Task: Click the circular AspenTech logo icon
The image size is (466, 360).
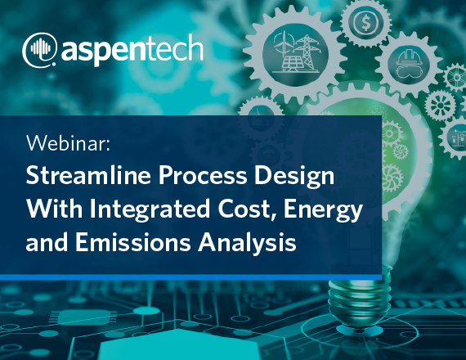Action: (39, 49)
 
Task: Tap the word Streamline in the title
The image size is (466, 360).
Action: (88, 175)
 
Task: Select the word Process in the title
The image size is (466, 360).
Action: (203, 176)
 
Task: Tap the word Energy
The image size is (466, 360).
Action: (323, 210)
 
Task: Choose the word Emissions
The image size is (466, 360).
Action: (132, 242)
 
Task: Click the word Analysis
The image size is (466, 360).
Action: (247, 243)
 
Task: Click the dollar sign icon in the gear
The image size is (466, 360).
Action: (365, 23)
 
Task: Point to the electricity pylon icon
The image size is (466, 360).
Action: (307, 52)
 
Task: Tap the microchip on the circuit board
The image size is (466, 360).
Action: (83, 317)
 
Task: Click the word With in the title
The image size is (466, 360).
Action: (55, 209)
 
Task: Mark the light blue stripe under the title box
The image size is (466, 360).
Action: (190, 277)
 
